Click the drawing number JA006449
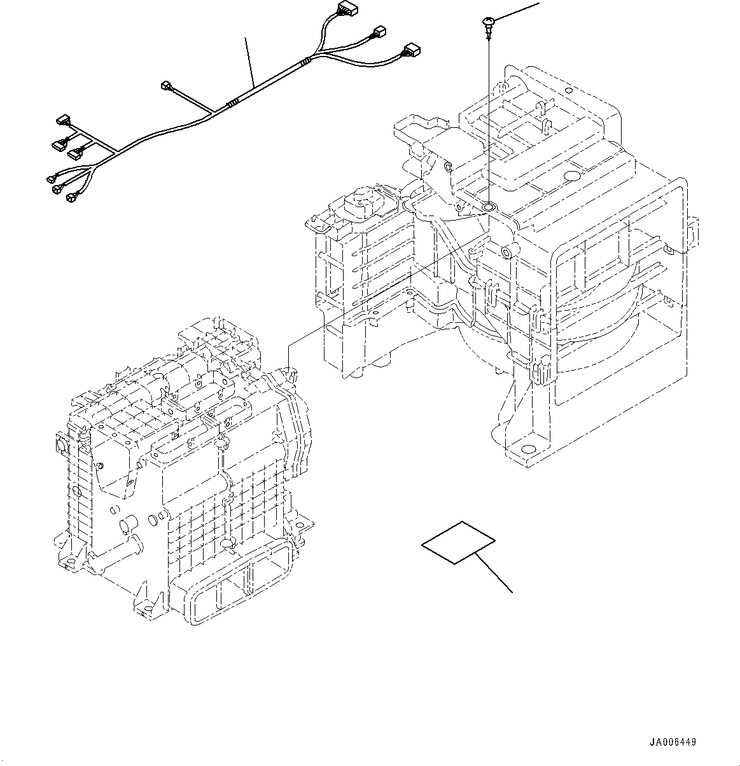click(x=673, y=742)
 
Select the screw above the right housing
click(x=487, y=25)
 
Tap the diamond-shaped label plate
click(x=458, y=542)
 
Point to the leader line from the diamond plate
click(x=495, y=573)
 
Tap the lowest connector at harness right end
click(x=410, y=50)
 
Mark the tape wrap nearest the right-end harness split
click(x=307, y=61)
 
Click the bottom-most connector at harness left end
click(x=71, y=198)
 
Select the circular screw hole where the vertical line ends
click(x=489, y=207)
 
